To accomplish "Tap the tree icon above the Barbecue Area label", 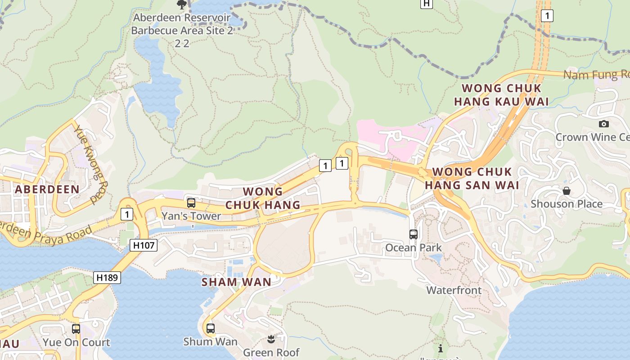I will [181, 5].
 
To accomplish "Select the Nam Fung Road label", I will [596, 75].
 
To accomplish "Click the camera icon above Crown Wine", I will [603, 124].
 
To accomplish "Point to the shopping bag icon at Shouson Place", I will [566, 191].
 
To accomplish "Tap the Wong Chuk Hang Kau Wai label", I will [501, 95].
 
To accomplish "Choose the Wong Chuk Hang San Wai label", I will [472, 178].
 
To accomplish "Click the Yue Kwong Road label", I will [91, 164].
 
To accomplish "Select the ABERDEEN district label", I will [47, 189].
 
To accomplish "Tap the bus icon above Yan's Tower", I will [191, 203].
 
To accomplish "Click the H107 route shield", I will [144, 245].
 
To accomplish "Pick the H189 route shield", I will [108, 277].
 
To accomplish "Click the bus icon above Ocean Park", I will [413, 234].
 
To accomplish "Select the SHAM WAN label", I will [236, 282].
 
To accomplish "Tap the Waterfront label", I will [454, 290].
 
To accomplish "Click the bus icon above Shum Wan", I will [210, 328].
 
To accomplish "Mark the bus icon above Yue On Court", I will [76, 329].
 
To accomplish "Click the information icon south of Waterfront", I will [440, 348].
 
